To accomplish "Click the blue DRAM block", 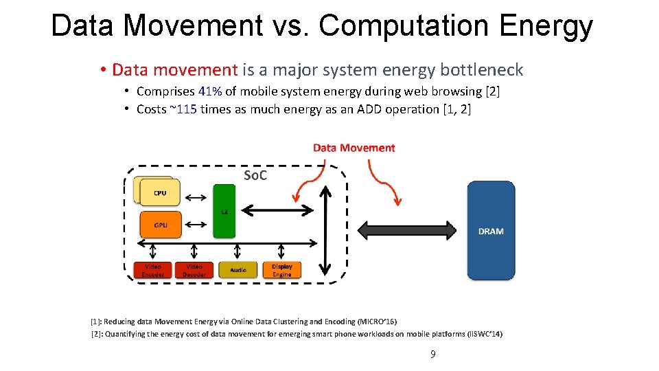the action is point(491,231).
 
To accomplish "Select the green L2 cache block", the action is point(224,211).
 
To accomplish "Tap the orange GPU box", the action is point(161,224).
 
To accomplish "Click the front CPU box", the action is point(160,193).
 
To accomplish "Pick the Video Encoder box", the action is point(152,270).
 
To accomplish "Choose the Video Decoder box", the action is point(194,270).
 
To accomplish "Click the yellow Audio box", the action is point(238,270).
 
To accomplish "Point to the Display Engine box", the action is point(281,270).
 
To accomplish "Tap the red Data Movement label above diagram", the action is point(354,148).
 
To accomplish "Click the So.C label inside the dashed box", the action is point(255,176).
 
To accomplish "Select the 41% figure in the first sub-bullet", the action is point(210,91).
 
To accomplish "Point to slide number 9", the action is point(432,355).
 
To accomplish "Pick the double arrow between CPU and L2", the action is point(196,198).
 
